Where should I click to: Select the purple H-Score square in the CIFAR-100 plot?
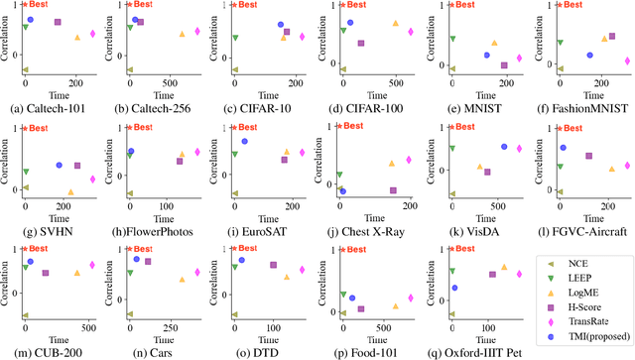(x=360, y=44)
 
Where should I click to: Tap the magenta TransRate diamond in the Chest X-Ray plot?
(x=407, y=159)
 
